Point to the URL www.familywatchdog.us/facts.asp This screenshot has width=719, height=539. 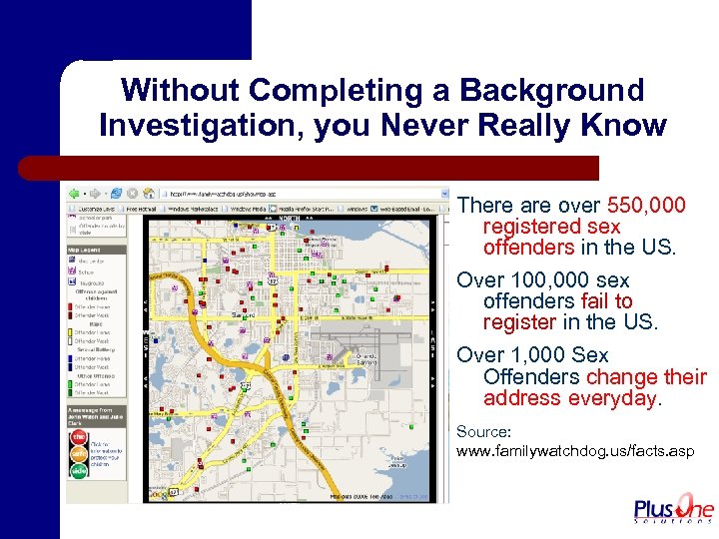575,452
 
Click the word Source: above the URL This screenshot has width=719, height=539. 483,432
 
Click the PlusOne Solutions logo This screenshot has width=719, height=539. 674,509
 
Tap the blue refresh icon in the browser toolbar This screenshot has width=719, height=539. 117,193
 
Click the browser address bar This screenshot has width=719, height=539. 300,193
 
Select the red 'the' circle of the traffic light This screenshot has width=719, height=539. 77,436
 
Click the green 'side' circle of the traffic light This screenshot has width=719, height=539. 77,469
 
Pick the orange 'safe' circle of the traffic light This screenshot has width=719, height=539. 77,453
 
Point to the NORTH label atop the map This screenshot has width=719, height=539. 291,218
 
